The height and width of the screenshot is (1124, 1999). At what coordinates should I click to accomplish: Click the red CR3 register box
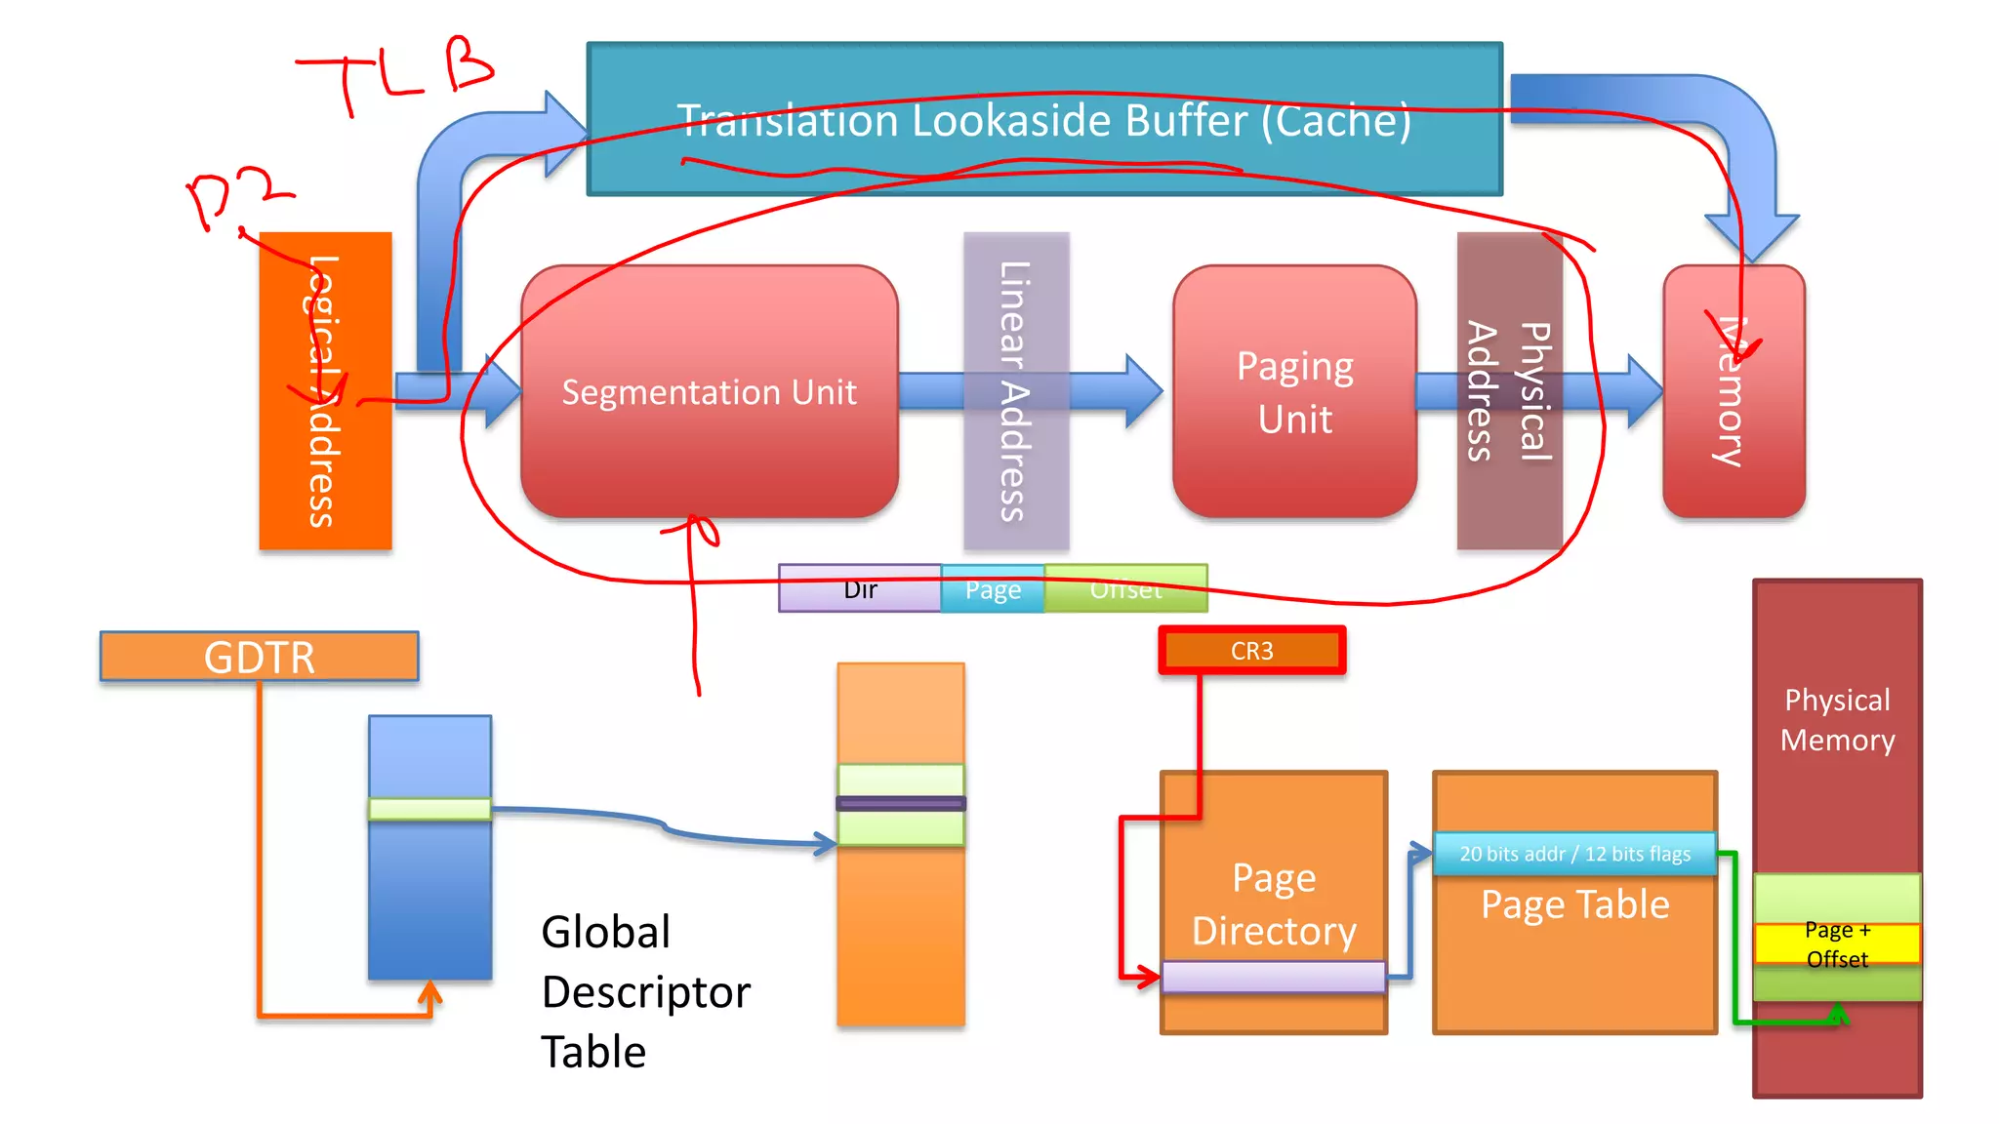coord(1251,651)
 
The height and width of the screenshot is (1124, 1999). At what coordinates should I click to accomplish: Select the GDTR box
coord(259,657)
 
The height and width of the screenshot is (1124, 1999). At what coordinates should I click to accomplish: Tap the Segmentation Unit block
coord(709,392)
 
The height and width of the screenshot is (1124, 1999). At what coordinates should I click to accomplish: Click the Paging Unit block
coord(1294,392)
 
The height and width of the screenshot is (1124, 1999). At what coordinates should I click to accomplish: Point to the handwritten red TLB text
coord(395,73)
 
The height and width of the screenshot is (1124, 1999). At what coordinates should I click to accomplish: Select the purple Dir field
coord(859,589)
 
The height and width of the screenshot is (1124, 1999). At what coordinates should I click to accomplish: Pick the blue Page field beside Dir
coord(993,589)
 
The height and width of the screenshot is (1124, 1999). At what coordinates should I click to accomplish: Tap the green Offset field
coord(1125,589)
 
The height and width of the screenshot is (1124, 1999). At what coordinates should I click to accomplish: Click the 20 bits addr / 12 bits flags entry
coord(1574,854)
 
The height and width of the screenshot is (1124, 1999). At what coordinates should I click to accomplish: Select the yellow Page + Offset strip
coord(1836,943)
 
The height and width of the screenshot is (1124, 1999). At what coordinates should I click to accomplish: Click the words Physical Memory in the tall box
coord(1836,719)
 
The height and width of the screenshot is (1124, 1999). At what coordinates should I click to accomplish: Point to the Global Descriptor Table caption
coord(644,991)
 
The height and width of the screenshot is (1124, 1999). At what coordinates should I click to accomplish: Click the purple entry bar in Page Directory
coord(1273,977)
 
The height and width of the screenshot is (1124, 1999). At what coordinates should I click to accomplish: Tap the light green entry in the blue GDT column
coord(429,809)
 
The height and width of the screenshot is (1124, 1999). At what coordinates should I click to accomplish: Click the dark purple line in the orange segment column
coord(900,804)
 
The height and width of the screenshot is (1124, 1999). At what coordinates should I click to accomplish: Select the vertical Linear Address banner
coord(1015,390)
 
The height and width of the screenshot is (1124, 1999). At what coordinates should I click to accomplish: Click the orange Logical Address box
coord(325,390)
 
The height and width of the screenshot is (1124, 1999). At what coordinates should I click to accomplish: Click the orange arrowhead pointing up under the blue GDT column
coord(429,993)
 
